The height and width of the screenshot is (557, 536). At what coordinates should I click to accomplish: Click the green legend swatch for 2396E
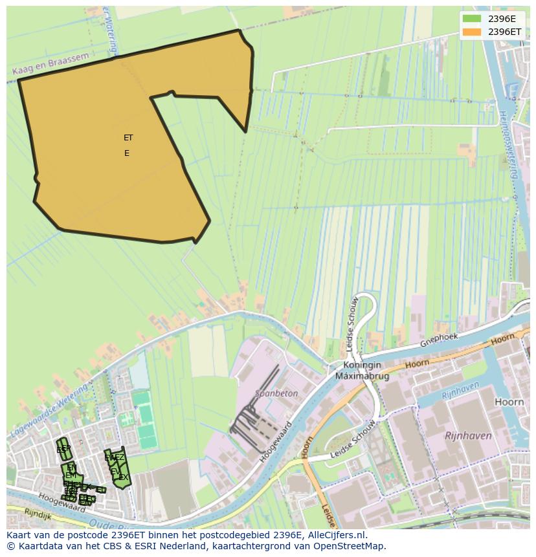point(473,19)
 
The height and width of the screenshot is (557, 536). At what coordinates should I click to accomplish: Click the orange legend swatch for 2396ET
point(473,31)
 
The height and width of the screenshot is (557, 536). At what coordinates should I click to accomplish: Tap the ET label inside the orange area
point(128,138)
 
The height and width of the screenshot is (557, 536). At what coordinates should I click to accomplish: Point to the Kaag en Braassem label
point(50,66)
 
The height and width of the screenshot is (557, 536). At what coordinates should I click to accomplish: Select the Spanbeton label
point(276,393)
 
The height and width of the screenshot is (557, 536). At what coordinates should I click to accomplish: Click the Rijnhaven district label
point(468,436)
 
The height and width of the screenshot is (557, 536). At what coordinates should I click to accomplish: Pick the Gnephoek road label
point(439,341)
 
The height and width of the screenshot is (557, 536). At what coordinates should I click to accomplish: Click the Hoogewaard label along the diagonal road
point(276,442)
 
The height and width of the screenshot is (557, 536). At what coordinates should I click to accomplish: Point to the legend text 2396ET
point(504,31)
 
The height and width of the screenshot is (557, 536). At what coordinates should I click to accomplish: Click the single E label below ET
point(127,153)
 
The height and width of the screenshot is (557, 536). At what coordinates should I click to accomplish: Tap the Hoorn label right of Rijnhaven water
point(509,402)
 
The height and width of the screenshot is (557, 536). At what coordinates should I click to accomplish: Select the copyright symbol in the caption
point(10,546)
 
